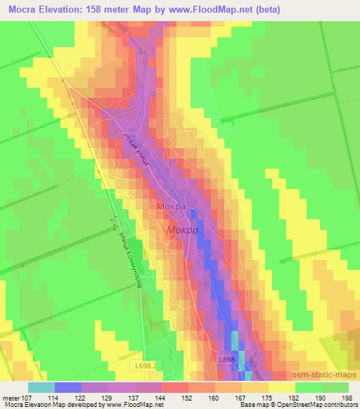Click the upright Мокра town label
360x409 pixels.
[171, 207]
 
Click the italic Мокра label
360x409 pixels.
[182, 230]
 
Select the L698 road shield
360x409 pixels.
[226, 360]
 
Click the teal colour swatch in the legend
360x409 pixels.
[41, 387]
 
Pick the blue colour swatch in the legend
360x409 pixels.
[67, 387]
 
